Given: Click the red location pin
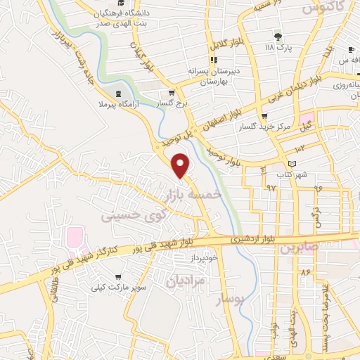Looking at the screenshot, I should [x=181, y=165].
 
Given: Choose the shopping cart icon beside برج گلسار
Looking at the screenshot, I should [x=171, y=92].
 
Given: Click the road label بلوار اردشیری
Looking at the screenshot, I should [x=247, y=239].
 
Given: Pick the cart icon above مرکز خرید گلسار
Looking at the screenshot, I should [x=264, y=116].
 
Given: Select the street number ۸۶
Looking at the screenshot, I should [x=305, y=271].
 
